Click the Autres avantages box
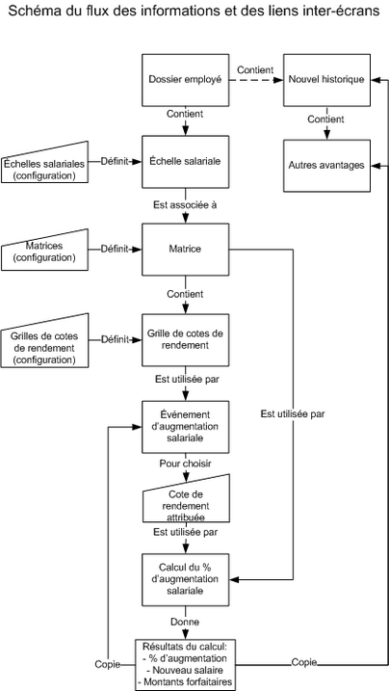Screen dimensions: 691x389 tap(326, 165)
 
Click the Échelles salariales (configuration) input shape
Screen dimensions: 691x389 tap(44, 164)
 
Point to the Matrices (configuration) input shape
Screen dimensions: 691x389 tap(44, 251)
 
